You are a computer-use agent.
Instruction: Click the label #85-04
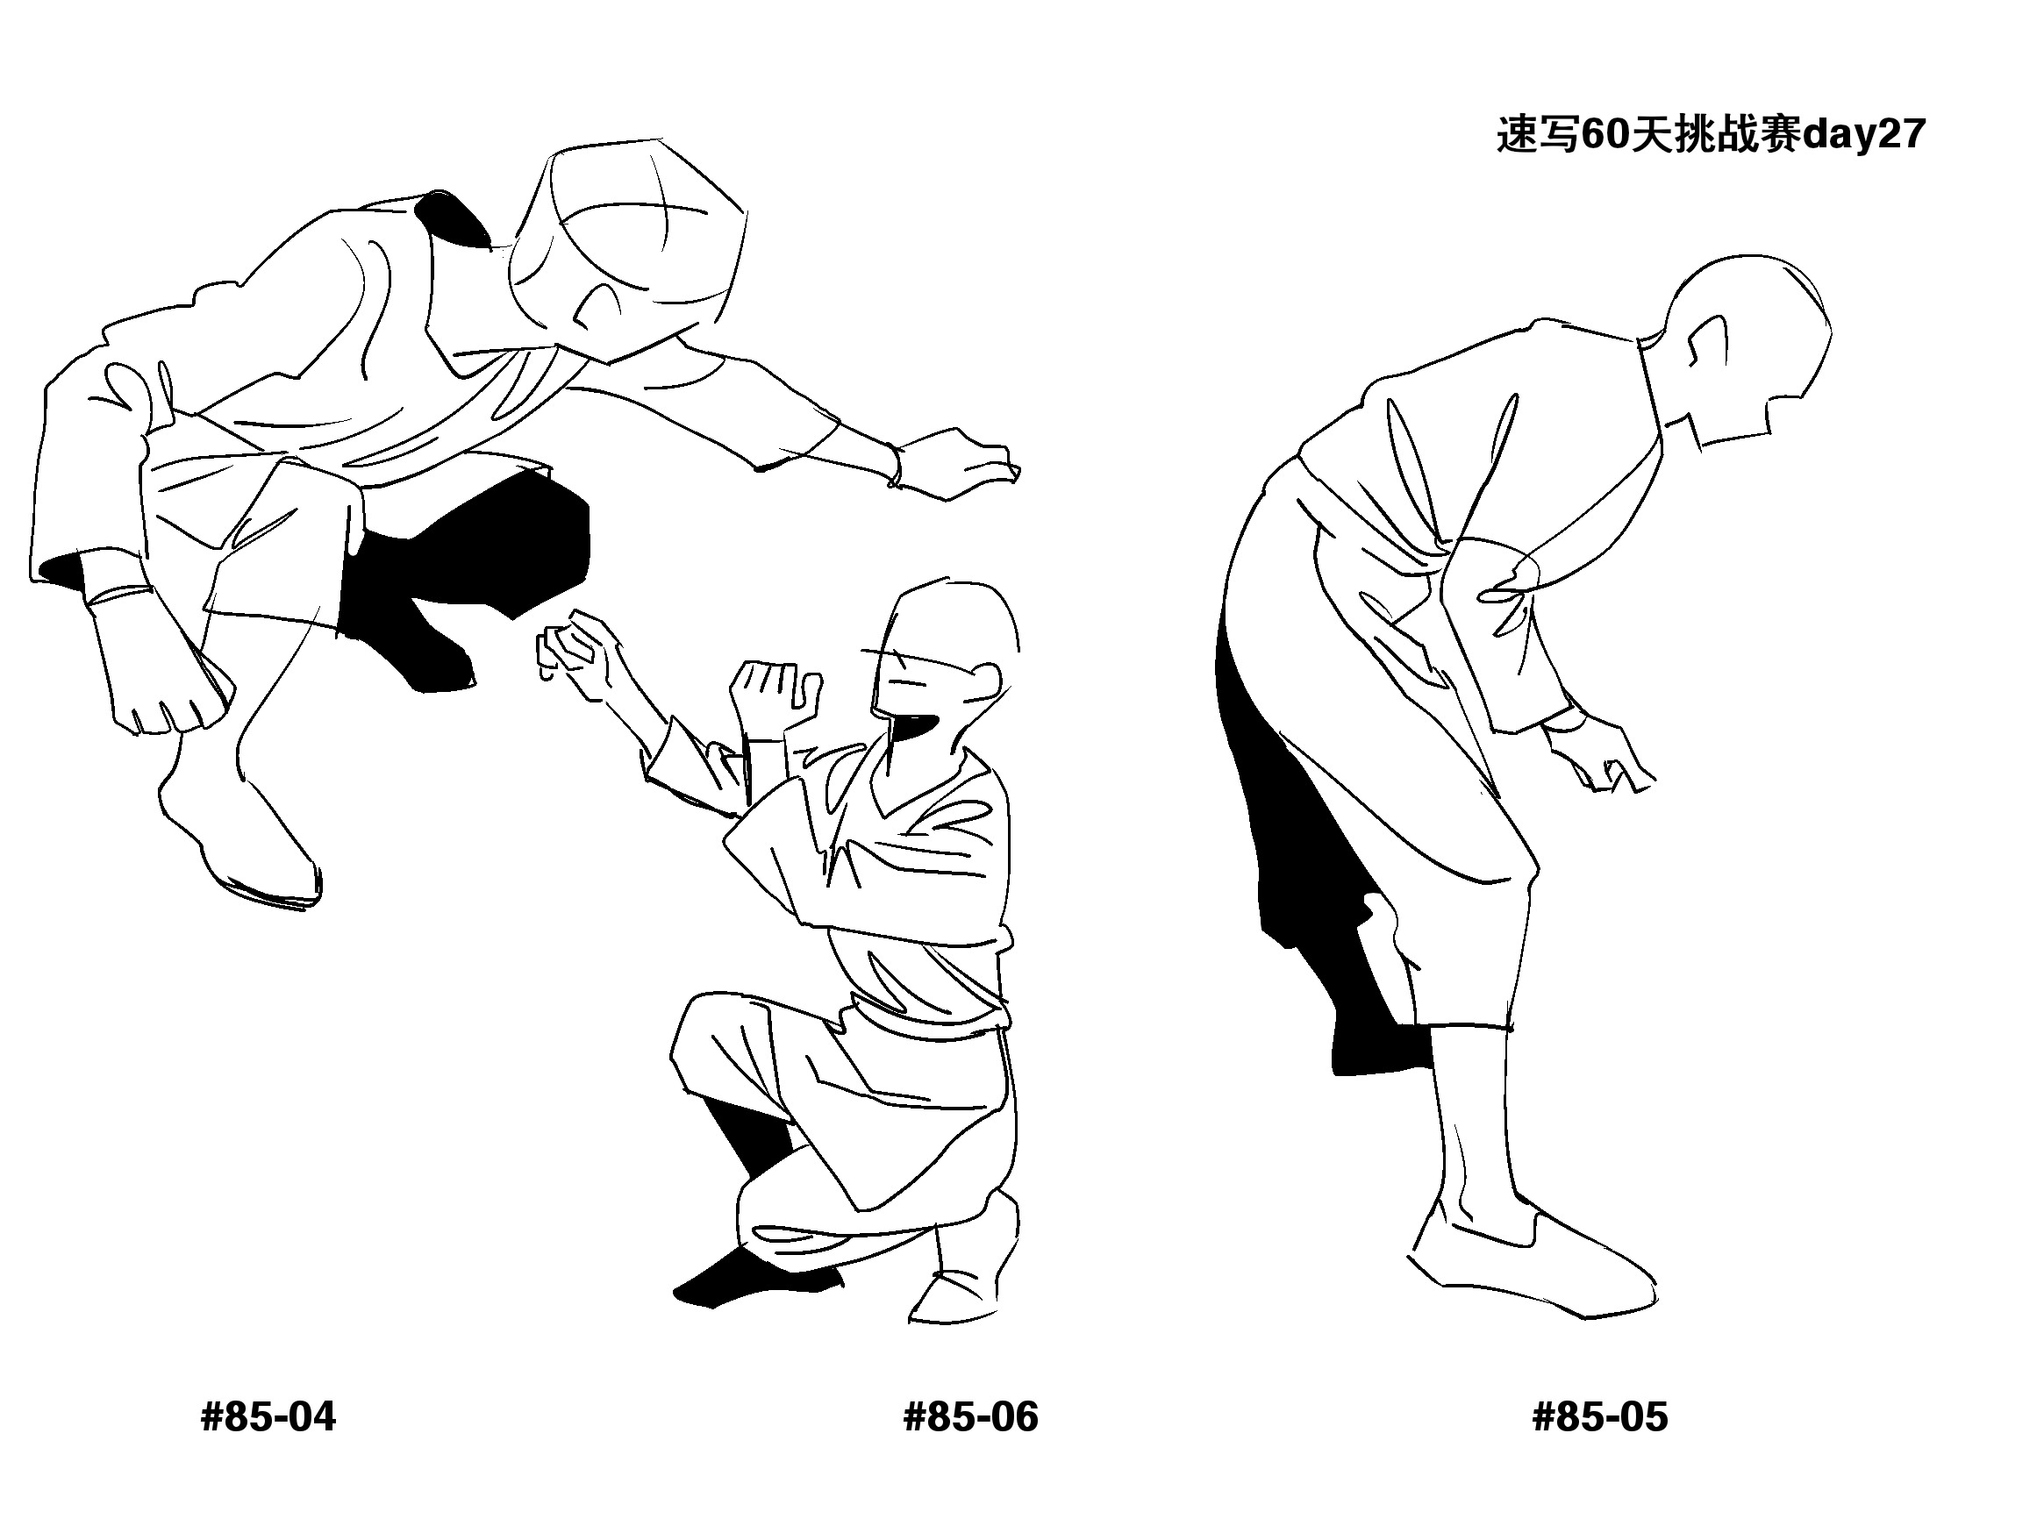[268, 1416]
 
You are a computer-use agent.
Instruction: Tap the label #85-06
[970, 1416]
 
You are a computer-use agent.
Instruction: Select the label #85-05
[1599, 1416]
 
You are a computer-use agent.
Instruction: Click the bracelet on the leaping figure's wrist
[895, 466]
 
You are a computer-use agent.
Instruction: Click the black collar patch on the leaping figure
[453, 220]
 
